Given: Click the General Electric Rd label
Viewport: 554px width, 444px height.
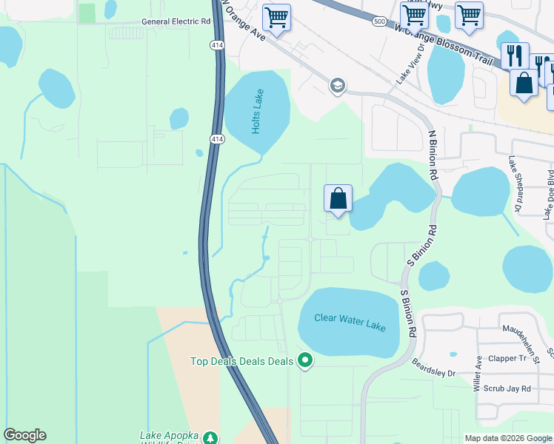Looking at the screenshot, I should click(176, 21).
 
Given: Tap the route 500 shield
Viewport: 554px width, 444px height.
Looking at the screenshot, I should click(379, 21).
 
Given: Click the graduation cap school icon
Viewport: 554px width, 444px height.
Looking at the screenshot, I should click(337, 86).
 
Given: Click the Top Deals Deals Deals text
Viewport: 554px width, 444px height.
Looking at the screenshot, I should click(242, 361).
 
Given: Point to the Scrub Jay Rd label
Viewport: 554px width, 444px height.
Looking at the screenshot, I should click(506, 388).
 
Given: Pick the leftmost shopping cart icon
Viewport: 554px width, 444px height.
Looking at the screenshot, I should click(276, 16).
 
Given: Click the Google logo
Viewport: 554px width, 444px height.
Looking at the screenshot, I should click(24, 435).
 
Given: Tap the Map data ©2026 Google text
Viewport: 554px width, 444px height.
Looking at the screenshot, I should click(508, 438).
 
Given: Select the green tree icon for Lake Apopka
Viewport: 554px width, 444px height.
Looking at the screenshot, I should click(210, 437).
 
